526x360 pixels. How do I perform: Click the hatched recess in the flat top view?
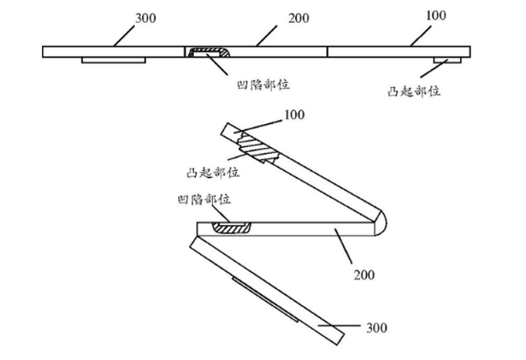coord(209,54)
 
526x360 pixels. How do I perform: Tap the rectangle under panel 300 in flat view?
coord(113,60)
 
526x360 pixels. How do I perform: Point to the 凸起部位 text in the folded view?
coord(212,173)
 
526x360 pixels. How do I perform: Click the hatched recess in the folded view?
coord(232,227)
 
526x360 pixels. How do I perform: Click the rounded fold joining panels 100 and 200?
coord(380,223)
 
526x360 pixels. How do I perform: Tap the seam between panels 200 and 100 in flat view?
coord(327,51)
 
